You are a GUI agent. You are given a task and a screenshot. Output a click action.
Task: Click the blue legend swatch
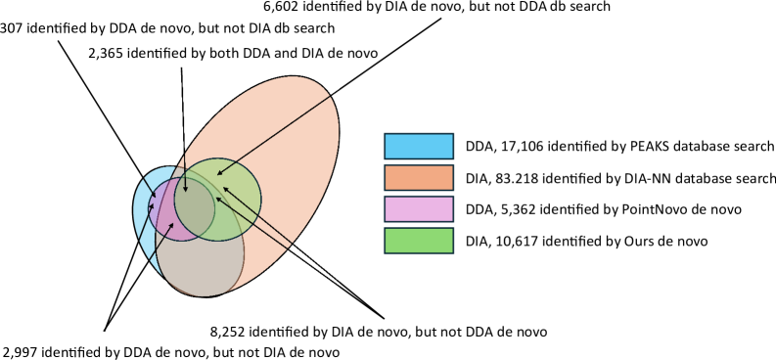coord(419,147)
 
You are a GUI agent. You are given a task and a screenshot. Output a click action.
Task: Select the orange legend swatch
coord(419,178)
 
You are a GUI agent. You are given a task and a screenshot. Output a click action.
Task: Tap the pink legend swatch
coord(419,209)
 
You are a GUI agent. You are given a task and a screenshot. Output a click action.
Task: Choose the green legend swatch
coord(419,241)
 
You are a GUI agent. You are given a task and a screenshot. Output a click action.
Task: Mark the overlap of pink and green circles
coord(195,207)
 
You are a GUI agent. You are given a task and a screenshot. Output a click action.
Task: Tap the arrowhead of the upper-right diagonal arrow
coord(218,175)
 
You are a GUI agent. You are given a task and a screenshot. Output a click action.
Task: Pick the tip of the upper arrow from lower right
coord(223,187)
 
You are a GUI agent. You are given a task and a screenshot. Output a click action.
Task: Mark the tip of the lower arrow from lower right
coord(216,199)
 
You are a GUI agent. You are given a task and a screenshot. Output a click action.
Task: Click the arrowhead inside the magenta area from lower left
coord(173,224)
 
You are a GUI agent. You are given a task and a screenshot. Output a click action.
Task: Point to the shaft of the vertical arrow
coord(183,127)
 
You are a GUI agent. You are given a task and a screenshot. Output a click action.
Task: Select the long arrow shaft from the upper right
coord(279,132)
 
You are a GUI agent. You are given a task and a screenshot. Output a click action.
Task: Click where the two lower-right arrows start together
coord(340,287)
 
